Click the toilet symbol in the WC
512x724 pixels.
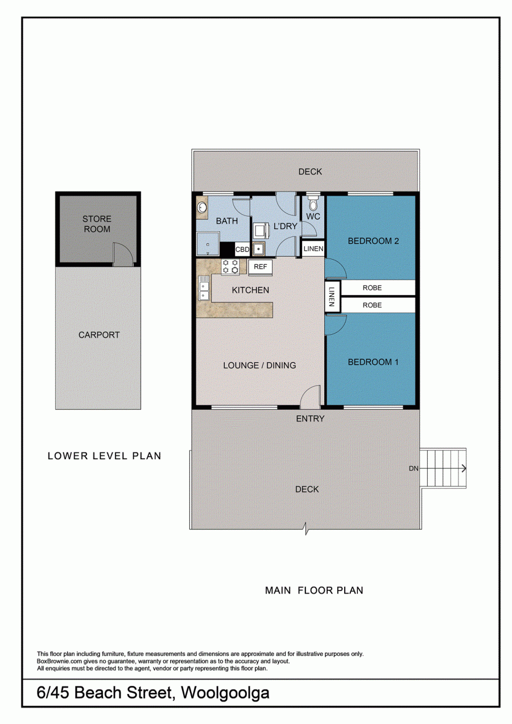click(x=313, y=202)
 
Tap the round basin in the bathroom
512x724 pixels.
click(x=203, y=207)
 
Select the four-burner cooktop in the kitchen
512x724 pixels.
click(x=230, y=267)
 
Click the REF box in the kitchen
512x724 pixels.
click(x=260, y=267)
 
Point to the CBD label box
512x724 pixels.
click(x=242, y=249)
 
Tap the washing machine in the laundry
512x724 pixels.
click(x=261, y=230)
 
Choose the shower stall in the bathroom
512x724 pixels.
click(x=208, y=244)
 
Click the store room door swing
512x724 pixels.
click(x=123, y=254)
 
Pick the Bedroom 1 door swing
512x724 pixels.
click(x=335, y=325)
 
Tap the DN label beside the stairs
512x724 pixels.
click(x=414, y=468)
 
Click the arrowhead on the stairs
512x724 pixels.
click(x=464, y=468)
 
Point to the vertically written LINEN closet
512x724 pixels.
click(x=332, y=297)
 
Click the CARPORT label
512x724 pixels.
click(x=99, y=335)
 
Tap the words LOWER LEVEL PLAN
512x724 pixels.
click(x=104, y=456)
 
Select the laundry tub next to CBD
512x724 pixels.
click(x=259, y=249)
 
